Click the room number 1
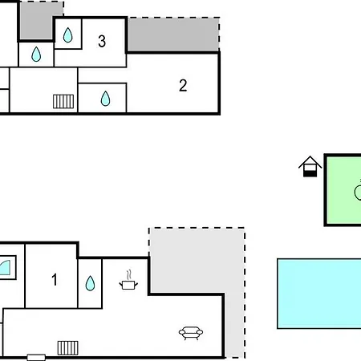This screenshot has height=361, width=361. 55,279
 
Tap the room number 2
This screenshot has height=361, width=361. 183,86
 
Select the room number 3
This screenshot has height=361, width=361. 102,41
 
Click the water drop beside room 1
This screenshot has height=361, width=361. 90,283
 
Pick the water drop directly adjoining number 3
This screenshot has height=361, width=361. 68,35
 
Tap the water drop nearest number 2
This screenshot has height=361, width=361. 105,99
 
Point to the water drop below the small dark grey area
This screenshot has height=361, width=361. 36,55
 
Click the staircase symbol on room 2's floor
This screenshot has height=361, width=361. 63,101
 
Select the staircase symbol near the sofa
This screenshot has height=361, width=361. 68,348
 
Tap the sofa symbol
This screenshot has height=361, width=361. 191,333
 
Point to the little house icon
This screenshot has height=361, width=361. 310,166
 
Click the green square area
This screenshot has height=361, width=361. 344,190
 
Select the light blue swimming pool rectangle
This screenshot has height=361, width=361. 319,294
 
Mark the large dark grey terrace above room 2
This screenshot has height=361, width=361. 173,34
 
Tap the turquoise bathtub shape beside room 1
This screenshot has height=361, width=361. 5,267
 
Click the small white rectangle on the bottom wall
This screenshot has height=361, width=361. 36,357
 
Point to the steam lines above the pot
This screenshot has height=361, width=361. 129,275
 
